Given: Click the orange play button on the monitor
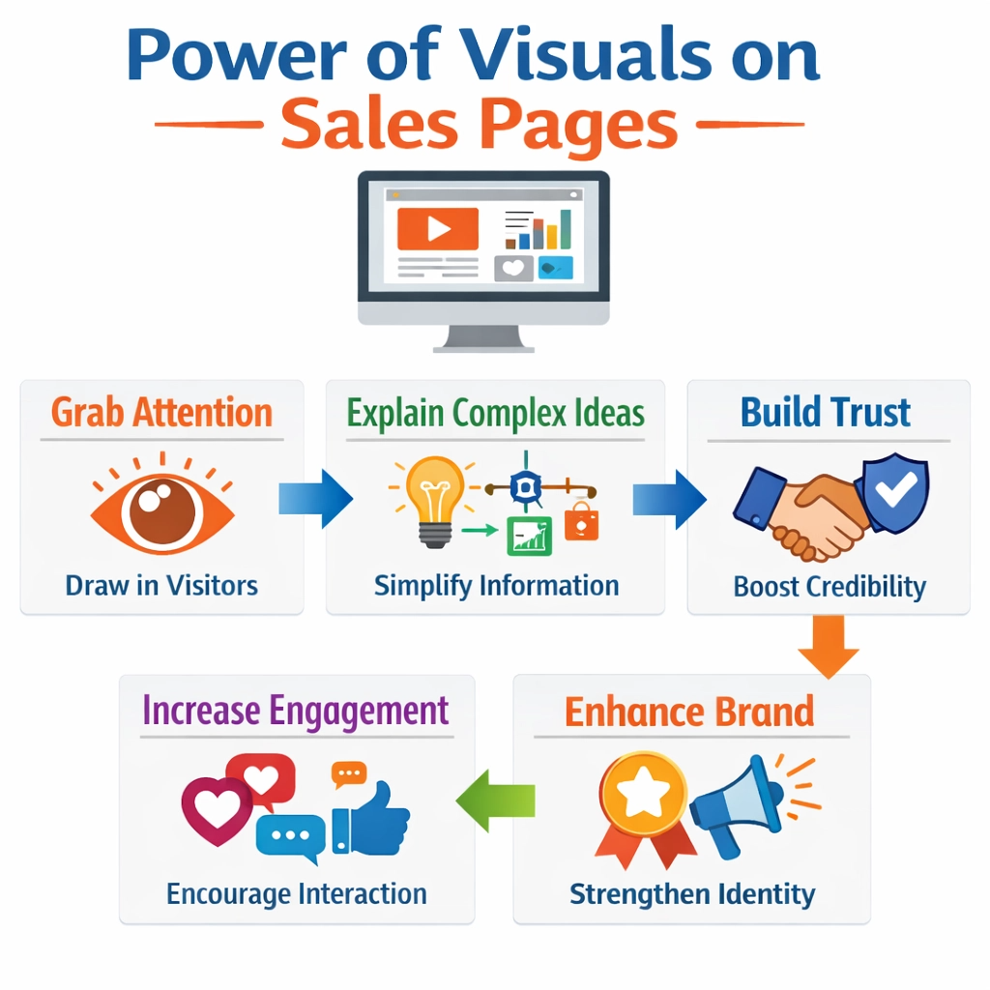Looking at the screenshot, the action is tap(438, 228).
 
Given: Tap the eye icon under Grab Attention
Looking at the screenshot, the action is tap(162, 505).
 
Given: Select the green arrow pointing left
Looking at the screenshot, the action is tap(496, 801).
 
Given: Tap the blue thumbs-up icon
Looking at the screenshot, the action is tap(371, 818).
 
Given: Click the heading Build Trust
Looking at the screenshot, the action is tap(826, 412).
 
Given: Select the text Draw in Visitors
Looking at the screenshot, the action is tap(161, 585).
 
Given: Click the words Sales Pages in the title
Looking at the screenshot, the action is tap(480, 124).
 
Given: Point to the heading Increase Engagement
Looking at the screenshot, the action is tap(296, 711).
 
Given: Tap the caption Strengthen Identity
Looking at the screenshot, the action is tap(692, 894).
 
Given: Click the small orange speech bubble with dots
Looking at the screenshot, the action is tap(348, 774).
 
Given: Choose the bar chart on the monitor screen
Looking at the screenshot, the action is tap(538, 230).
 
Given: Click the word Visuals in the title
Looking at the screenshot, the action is tap(585, 54).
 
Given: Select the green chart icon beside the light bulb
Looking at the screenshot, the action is tap(529, 536).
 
